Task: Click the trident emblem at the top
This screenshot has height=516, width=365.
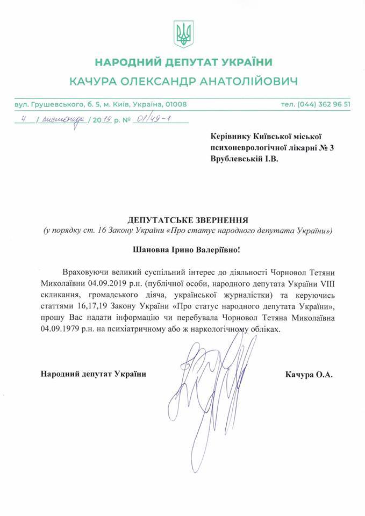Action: point(183,33)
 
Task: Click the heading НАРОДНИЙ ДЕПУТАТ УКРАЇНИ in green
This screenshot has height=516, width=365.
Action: point(183,62)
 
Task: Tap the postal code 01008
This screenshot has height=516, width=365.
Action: point(175,104)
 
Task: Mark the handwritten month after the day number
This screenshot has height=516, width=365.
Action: point(59,119)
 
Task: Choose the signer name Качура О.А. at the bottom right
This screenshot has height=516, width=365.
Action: point(309,375)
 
